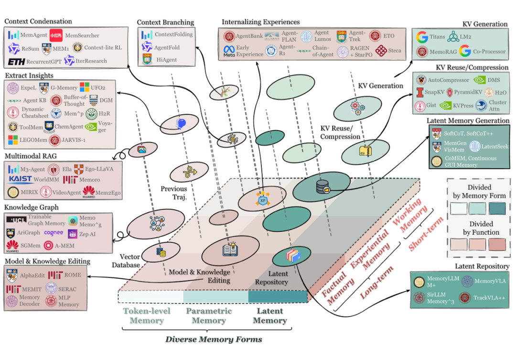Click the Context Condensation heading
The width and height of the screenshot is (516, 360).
[x=38, y=22]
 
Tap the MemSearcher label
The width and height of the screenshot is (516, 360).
[x=82, y=35]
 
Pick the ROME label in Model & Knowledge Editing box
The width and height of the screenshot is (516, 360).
[x=73, y=275]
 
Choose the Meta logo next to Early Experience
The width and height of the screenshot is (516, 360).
[x=229, y=51]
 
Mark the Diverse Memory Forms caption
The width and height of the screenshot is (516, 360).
[x=214, y=339]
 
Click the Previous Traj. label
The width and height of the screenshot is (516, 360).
[x=173, y=192]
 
